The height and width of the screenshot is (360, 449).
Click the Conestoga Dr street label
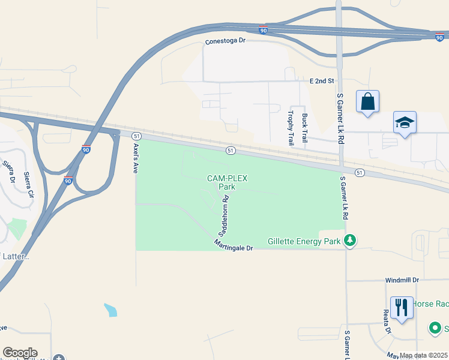(x=226, y=41)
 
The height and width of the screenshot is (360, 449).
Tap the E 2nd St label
(x=321, y=80)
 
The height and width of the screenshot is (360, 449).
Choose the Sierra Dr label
(x=8, y=171)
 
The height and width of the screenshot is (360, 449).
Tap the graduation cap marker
(x=405, y=122)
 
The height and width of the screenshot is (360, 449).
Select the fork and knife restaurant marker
(x=400, y=308)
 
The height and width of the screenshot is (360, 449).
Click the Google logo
(x=20, y=353)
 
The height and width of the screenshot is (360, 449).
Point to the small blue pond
(x=110, y=310)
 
